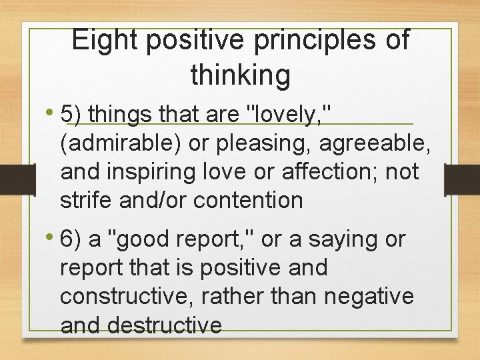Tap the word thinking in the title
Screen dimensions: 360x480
[240, 75]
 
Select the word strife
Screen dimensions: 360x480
[81, 199]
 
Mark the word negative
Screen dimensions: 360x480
[370, 296]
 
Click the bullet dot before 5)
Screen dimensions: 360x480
[51, 114]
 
